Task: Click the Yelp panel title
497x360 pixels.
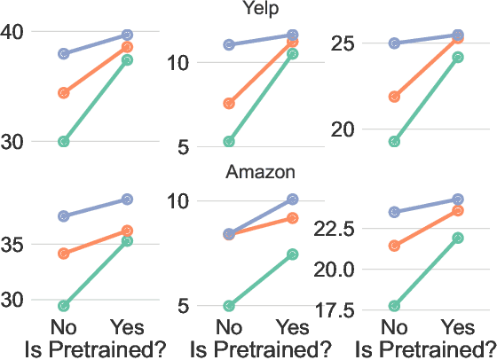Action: pyautogui.click(x=260, y=8)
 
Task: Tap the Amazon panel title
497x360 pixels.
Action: pyautogui.click(x=260, y=171)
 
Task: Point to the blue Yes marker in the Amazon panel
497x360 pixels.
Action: pyautogui.click(x=293, y=199)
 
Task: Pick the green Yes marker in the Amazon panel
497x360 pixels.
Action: pyautogui.click(x=293, y=254)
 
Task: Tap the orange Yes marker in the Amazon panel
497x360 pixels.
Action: pyautogui.click(x=293, y=217)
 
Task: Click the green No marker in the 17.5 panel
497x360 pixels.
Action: pyautogui.click(x=394, y=306)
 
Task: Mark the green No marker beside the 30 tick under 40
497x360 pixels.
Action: pyautogui.click(x=64, y=142)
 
